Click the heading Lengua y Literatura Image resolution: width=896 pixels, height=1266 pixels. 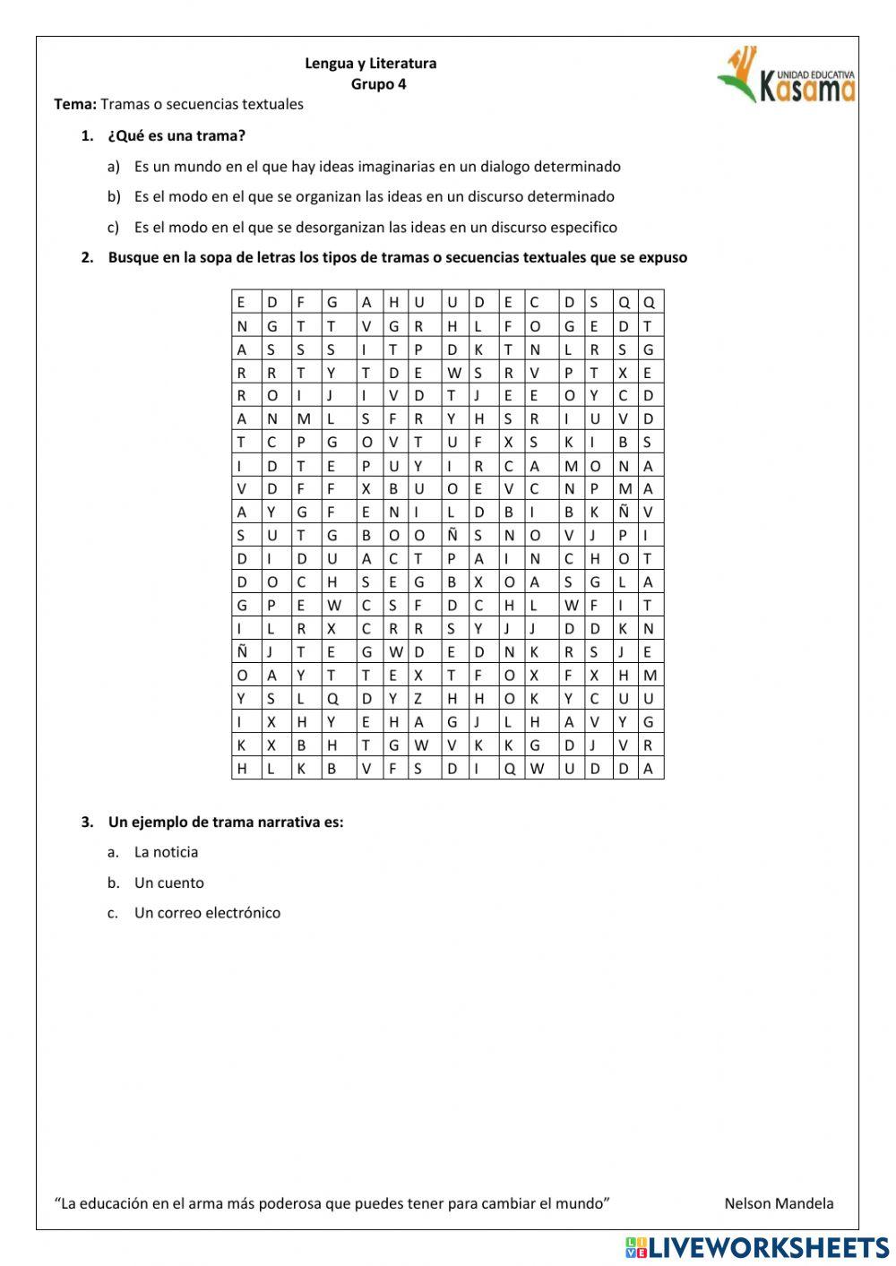click(x=370, y=64)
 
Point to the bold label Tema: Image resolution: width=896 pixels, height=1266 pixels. click(x=75, y=104)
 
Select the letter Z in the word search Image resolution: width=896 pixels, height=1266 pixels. click(x=418, y=699)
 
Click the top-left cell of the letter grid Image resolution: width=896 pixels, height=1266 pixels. click(x=242, y=303)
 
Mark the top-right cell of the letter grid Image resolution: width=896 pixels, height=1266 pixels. click(x=649, y=303)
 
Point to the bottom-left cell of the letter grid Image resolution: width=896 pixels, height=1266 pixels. click(x=242, y=769)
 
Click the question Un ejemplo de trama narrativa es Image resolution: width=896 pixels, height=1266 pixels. click(x=226, y=822)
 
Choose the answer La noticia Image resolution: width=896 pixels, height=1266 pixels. click(x=166, y=852)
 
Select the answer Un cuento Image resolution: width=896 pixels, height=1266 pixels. click(x=168, y=883)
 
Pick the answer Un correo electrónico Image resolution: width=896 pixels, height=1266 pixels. click(x=207, y=913)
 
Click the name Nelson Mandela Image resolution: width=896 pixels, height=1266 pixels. click(x=778, y=1203)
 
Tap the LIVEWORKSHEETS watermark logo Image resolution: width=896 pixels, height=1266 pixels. click(x=757, y=1246)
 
